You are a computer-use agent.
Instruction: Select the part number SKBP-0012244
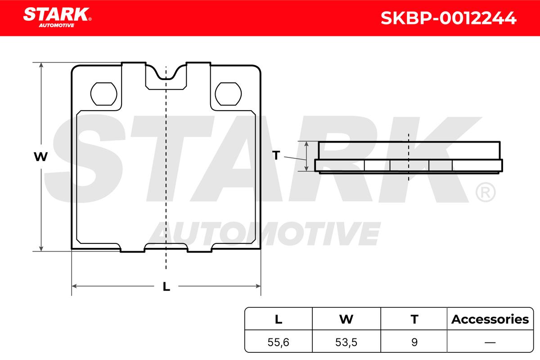point(448,18)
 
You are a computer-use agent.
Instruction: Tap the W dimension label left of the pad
point(41,157)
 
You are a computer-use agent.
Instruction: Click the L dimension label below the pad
point(166,286)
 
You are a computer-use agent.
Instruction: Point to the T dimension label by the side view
point(276,156)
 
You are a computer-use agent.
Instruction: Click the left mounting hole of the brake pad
point(104,94)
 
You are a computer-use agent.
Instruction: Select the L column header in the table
point(279,319)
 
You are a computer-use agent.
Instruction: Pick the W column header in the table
point(346,319)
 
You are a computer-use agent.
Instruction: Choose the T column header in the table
point(414,319)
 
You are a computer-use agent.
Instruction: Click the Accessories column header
point(490,319)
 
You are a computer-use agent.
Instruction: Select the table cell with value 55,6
point(279,342)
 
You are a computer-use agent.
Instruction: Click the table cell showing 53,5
point(346,342)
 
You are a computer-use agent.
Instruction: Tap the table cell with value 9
point(414,342)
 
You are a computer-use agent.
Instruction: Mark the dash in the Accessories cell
point(490,342)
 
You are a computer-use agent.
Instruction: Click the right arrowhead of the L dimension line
point(258,286)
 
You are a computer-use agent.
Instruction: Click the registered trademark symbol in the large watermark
point(485,193)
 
